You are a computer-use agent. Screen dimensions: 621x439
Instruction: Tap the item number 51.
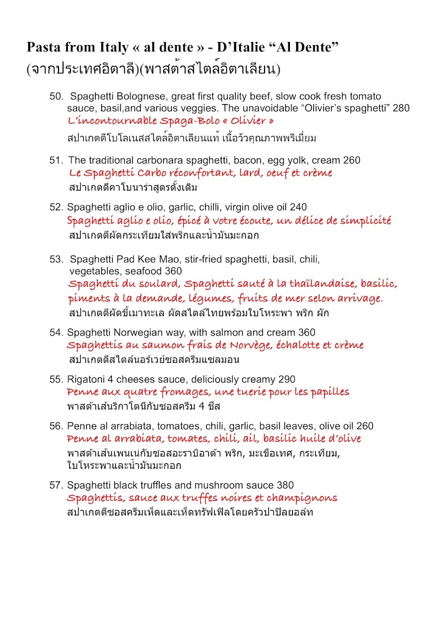click(x=55, y=160)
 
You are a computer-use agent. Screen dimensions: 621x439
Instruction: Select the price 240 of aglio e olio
click(x=298, y=207)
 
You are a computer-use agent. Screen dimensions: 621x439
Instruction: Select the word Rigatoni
click(x=85, y=379)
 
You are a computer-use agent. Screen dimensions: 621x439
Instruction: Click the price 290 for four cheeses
click(x=287, y=379)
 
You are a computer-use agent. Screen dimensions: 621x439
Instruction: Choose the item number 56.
click(x=55, y=426)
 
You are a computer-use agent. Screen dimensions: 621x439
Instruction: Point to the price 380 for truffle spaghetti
click(x=285, y=485)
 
